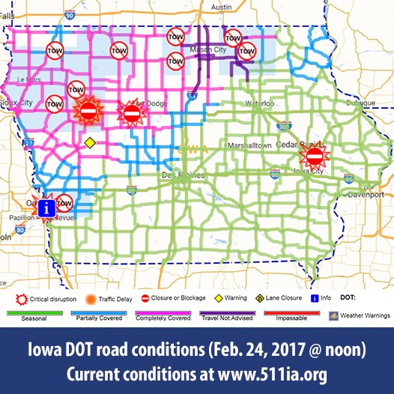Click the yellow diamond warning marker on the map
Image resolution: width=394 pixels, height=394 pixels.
pos(88,142)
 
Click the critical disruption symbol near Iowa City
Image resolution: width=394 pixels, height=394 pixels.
pos(315,156)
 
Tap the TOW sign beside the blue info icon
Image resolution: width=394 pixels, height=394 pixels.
pos(64,202)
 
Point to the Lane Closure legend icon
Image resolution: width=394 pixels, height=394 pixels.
pos(258,298)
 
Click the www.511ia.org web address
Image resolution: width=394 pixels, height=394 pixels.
pos(279,372)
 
